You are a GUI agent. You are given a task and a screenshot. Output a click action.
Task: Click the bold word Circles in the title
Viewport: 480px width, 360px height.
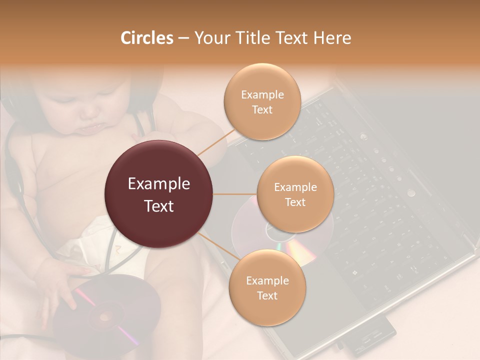pos(146,38)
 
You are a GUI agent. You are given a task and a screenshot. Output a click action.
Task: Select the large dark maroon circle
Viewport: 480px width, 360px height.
pos(159,194)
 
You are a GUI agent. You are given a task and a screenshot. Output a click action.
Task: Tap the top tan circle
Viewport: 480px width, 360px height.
pos(262,101)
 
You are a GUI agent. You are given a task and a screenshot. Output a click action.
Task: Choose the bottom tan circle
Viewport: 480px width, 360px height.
pos(267,287)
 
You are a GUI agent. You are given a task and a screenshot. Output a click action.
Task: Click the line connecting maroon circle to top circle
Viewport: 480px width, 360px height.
pos(215,142)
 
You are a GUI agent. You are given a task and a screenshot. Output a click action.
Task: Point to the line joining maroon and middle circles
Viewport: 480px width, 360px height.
pos(235,194)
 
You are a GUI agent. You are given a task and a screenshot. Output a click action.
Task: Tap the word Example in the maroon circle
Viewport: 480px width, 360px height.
pos(159,184)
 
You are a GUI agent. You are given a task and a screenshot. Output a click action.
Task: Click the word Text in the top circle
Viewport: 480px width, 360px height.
pos(262,109)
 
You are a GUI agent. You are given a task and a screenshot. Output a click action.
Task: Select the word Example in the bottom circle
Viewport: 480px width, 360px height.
pos(267,280)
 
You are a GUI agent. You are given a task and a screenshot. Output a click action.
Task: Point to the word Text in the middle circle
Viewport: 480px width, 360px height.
pos(295,202)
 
